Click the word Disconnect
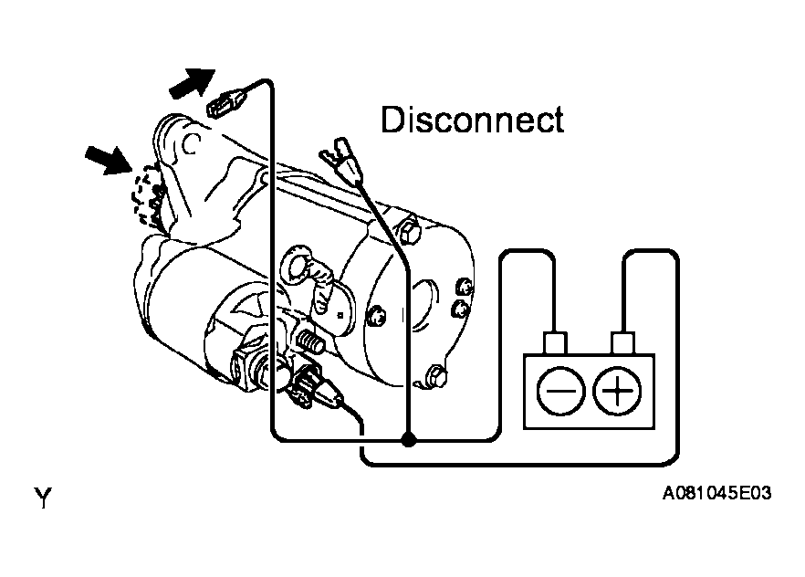[x=473, y=120]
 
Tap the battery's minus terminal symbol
[x=560, y=391]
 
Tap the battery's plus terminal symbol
[x=617, y=391]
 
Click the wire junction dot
[x=408, y=439]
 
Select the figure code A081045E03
[x=716, y=493]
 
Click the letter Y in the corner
[x=43, y=498]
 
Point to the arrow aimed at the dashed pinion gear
[x=108, y=160]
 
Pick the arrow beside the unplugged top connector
[x=192, y=83]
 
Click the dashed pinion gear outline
[x=146, y=194]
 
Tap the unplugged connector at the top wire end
[x=227, y=102]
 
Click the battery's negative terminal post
[x=555, y=343]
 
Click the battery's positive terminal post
[x=622, y=343]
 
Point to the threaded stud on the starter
[x=310, y=341]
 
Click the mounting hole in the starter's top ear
[x=191, y=143]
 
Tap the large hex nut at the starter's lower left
[x=246, y=365]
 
